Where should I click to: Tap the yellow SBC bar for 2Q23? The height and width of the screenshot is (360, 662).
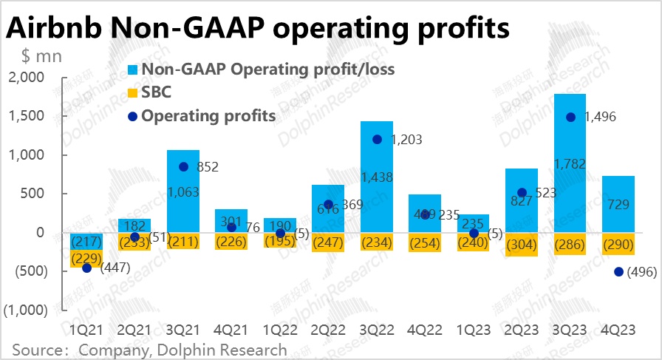point(522,245)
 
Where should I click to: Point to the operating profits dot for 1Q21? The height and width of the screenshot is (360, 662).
point(86,268)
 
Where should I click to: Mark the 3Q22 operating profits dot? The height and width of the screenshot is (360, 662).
point(377,139)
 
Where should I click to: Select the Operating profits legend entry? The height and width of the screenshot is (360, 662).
point(208,115)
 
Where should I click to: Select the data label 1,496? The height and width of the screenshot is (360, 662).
point(599,117)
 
